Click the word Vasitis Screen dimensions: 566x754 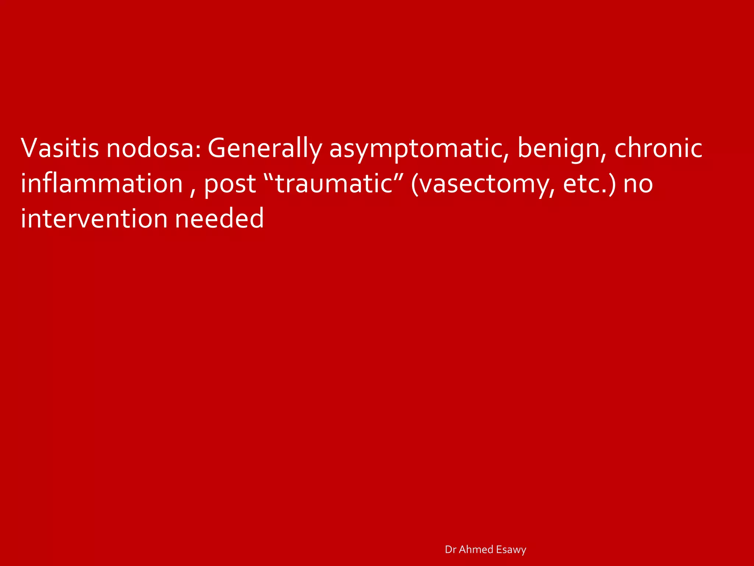pyautogui.click(x=60, y=148)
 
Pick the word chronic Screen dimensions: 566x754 pyautogui.click(x=658, y=147)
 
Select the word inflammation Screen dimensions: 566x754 pyautogui.click(x=102, y=183)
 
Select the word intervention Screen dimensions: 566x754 pyautogui.click(x=94, y=219)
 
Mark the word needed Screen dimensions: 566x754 pyautogui.click(x=219, y=219)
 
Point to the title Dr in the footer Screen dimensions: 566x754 pyautogui.click(x=450, y=549)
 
